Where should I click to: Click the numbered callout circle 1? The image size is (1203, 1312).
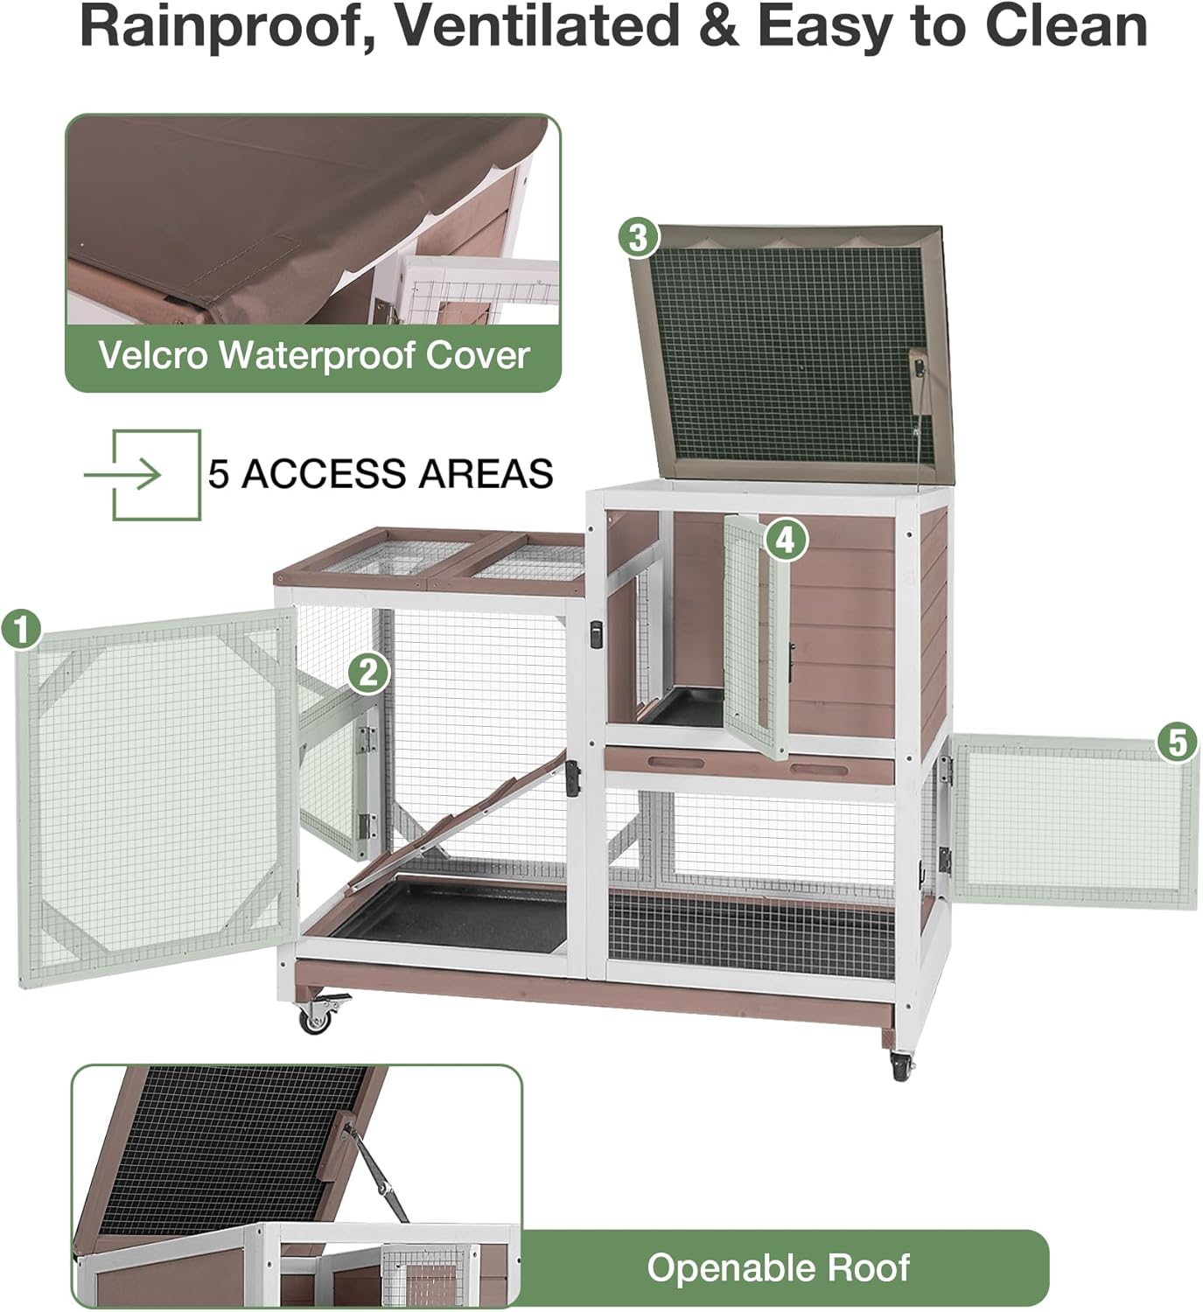(22, 629)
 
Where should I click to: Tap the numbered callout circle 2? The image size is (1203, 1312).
(368, 673)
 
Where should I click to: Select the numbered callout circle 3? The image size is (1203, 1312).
(639, 237)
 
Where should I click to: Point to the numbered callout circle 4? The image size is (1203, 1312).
(785, 540)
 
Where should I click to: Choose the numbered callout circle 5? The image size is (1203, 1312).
(1177, 742)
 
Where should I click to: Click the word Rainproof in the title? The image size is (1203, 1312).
(222, 26)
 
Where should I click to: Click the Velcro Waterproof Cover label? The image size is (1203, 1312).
(313, 356)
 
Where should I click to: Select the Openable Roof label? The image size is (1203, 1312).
(778, 1267)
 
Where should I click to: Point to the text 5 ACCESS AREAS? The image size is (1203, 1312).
(381, 474)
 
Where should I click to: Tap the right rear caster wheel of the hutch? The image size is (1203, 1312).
(901, 1065)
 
